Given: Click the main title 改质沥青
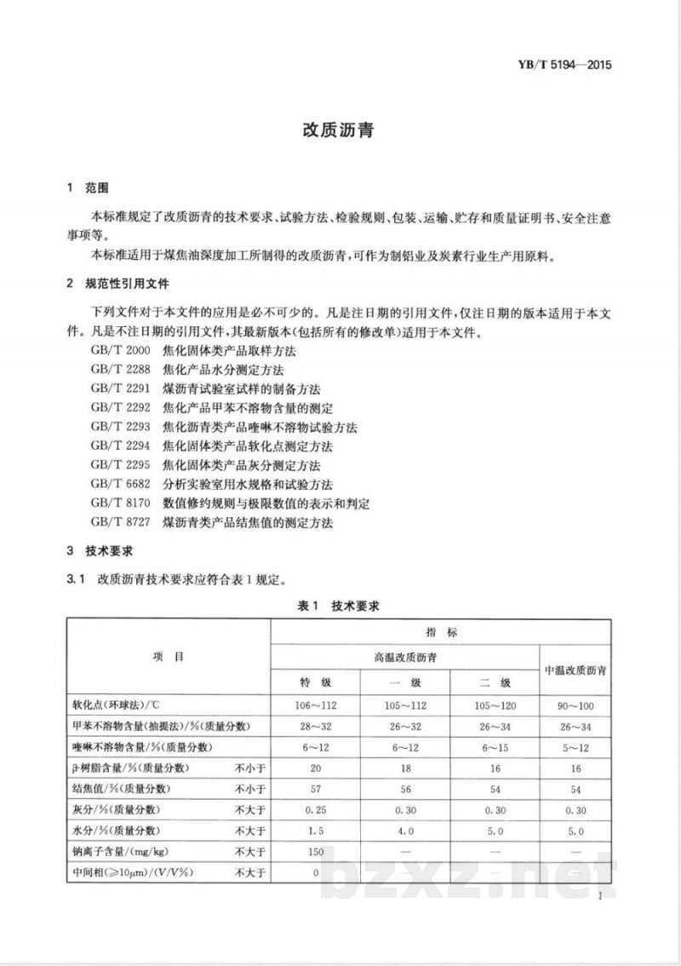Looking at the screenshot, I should point(340,134).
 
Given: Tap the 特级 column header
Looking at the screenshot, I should point(316,682).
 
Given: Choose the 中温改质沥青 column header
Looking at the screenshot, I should point(575,670).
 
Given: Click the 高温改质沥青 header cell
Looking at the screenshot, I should point(404,658).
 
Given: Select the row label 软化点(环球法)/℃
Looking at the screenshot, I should point(116,706).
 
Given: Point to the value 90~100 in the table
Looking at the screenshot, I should point(575,706).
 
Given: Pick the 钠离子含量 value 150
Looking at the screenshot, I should point(316,850).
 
